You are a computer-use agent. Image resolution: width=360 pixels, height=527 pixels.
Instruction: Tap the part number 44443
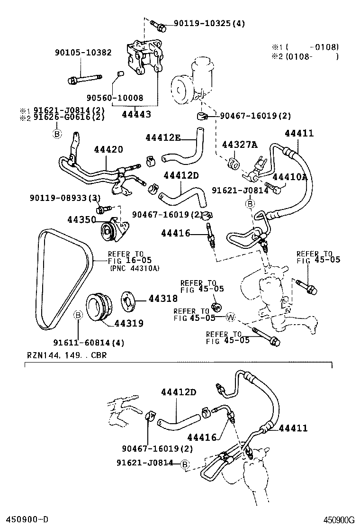point(136,114)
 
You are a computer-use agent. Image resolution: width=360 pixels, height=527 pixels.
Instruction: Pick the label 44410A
point(291,177)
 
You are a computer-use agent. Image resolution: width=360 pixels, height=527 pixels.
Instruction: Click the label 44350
point(81,219)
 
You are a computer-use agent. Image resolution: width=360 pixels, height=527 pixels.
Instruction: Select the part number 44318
point(163,299)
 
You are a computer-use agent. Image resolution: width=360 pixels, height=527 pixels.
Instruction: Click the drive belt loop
point(42,280)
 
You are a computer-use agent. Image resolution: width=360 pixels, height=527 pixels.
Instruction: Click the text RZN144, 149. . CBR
point(66,355)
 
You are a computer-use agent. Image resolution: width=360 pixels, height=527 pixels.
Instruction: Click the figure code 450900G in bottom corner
point(339,519)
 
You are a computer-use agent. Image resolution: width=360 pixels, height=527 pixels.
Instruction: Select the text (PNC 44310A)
point(135,268)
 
